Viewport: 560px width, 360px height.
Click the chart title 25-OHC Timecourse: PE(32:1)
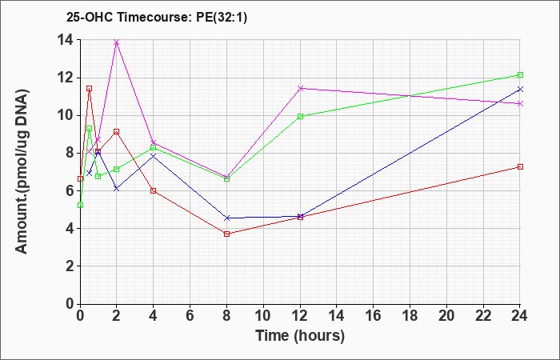pyautogui.click(x=157, y=18)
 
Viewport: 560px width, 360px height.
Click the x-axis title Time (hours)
pyautogui.click(x=300, y=336)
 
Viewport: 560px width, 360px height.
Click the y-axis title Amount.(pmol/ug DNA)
pyautogui.click(x=22, y=171)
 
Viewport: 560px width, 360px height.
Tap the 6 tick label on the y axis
pyautogui.click(x=70, y=190)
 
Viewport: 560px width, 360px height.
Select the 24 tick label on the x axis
pyautogui.click(x=520, y=316)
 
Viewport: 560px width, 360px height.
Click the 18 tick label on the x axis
pyautogui.click(x=410, y=316)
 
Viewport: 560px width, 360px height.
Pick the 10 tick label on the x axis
pyautogui.click(x=263, y=316)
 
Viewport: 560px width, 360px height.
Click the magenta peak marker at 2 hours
pyautogui.click(x=117, y=42)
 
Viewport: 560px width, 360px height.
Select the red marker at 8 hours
pyautogui.click(x=226, y=234)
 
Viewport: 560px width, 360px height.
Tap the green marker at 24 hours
pyautogui.click(x=520, y=75)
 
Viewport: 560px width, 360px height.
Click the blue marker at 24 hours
pyautogui.click(x=520, y=89)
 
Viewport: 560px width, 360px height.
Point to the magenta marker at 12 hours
pyautogui.click(x=300, y=88)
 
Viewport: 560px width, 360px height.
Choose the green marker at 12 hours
pyautogui.click(x=300, y=116)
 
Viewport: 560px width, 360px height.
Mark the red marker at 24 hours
pyautogui.click(x=520, y=166)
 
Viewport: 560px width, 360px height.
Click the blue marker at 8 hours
pyautogui.click(x=226, y=218)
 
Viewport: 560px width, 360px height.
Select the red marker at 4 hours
pyautogui.click(x=154, y=190)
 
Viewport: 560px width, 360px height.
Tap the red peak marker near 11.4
pyautogui.click(x=90, y=89)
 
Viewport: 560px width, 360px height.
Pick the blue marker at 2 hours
pyautogui.click(x=117, y=189)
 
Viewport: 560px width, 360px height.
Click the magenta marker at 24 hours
pyautogui.click(x=520, y=103)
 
